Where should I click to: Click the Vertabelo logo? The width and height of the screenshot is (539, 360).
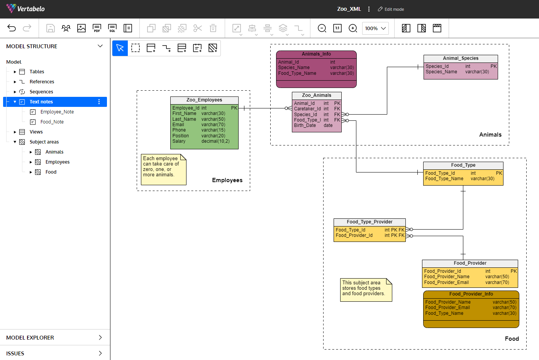pos(25,9)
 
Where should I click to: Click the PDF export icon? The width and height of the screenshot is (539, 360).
pos(97,28)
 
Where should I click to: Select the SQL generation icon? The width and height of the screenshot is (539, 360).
pos(112,28)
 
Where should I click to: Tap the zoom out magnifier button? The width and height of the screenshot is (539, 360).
pos(322,28)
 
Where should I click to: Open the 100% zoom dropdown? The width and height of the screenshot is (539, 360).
pos(375,29)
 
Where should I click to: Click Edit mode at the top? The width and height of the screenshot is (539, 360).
pos(391,9)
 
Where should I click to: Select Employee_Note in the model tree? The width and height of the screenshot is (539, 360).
pos(57,112)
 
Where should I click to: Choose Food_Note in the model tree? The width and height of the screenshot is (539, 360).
pos(52,122)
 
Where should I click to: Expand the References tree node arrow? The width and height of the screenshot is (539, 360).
pos(15,82)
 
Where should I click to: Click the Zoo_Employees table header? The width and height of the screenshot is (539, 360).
pos(204,100)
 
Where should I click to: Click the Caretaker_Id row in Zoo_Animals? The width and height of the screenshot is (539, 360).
pos(317,109)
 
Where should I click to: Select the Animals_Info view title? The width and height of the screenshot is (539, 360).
pos(316,54)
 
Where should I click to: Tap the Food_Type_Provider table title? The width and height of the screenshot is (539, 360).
pos(370,222)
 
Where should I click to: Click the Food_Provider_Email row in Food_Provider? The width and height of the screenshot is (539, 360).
pos(470,282)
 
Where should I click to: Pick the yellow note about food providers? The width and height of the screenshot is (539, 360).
pos(366,290)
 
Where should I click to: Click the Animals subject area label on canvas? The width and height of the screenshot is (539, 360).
pos(490,135)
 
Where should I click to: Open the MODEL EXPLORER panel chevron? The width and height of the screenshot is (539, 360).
pos(100,338)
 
